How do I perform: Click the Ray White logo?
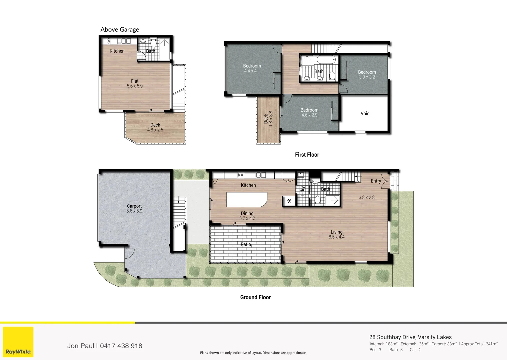(x=18, y=342)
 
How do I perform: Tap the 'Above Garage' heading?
(x=120, y=30)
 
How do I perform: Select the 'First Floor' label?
(x=307, y=155)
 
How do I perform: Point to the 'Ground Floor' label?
(x=255, y=297)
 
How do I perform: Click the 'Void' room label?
(x=365, y=114)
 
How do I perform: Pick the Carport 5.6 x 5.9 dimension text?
(x=134, y=211)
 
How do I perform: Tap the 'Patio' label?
(x=246, y=244)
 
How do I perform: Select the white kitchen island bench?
(x=247, y=199)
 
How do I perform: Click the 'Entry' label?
(x=376, y=181)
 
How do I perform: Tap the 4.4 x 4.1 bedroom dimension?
(x=252, y=71)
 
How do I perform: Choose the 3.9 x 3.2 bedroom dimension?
(x=367, y=77)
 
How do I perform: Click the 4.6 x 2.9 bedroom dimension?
(x=309, y=115)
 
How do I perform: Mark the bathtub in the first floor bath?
(x=326, y=60)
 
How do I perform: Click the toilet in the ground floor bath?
(x=318, y=200)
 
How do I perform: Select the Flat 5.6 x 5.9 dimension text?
(x=135, y=86)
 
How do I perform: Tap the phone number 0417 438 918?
(x=121, y=346)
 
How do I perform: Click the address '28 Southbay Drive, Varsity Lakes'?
(x=410, y=337)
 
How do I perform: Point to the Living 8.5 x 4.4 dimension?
(x=336, y=237)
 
